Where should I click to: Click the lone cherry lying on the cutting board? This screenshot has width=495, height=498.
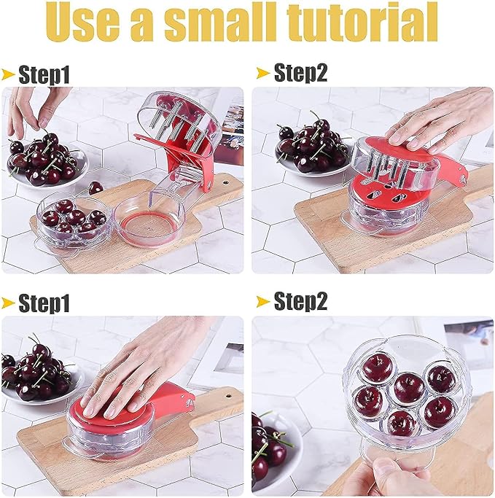click(x=96, y=187)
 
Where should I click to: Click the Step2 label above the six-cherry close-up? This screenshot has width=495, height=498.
click(x=300, y=300)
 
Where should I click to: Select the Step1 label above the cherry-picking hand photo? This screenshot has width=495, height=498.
click(x=44, y=74)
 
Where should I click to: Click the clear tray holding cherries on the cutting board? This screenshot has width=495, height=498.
click(x=73, y=219)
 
